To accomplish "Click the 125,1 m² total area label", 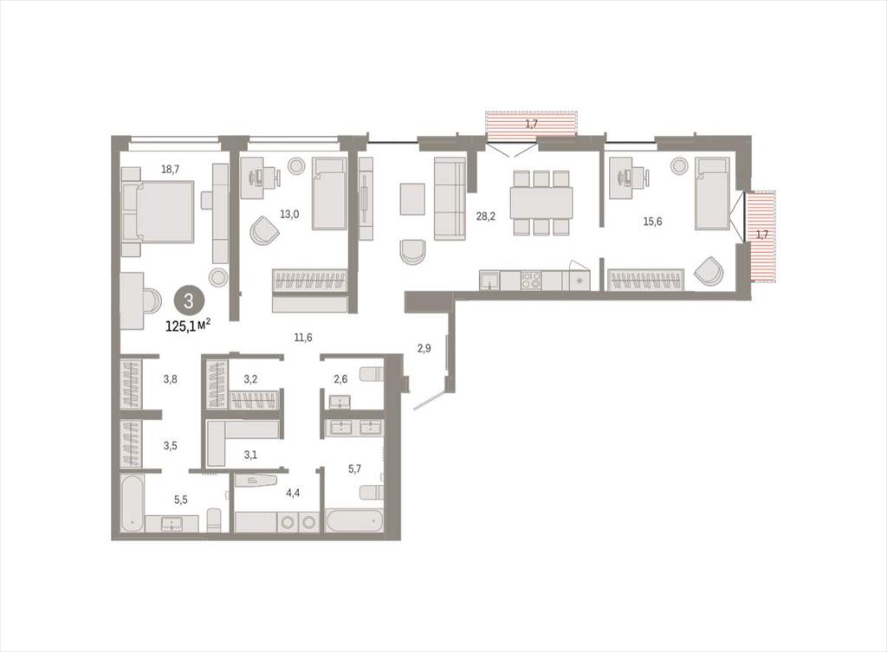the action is (188, 325).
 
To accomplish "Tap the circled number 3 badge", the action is (188, 300).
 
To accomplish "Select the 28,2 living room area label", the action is (485, 216).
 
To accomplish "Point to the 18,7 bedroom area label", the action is (171, 169).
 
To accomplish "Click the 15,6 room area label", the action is (652, 221).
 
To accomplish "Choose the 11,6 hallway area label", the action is (302, 338).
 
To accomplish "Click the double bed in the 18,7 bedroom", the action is (158, 212).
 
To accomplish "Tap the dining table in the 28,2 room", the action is (541, 203).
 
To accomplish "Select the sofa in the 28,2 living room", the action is (450, 198).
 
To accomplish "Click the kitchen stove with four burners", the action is (531, 281).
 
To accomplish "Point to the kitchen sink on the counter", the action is (490, 281).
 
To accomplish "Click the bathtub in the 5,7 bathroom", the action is (354, 520).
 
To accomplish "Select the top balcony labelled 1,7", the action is (531, 124).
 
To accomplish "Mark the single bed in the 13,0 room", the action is (329, 193).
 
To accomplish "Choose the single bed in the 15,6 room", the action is (712, 193).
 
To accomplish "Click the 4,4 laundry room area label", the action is (293, 493).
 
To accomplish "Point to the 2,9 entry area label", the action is (424, 348).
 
